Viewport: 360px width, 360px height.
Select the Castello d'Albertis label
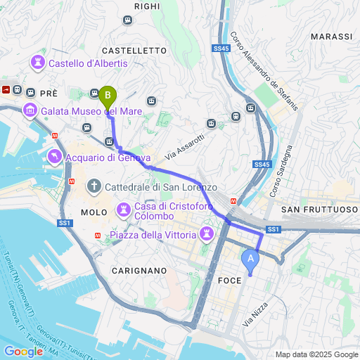[87, 63]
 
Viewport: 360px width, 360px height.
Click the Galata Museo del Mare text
[91, 110]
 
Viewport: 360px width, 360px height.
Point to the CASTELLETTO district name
[134, 51]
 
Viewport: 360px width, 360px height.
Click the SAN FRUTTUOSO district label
[319, 210]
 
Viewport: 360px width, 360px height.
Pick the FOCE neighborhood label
[231, 280]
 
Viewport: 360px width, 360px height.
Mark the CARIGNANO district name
[138, 270]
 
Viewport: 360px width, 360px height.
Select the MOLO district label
[94, 212]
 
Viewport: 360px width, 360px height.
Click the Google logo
[23, 351]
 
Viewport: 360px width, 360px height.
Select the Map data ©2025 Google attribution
[316, 354]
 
